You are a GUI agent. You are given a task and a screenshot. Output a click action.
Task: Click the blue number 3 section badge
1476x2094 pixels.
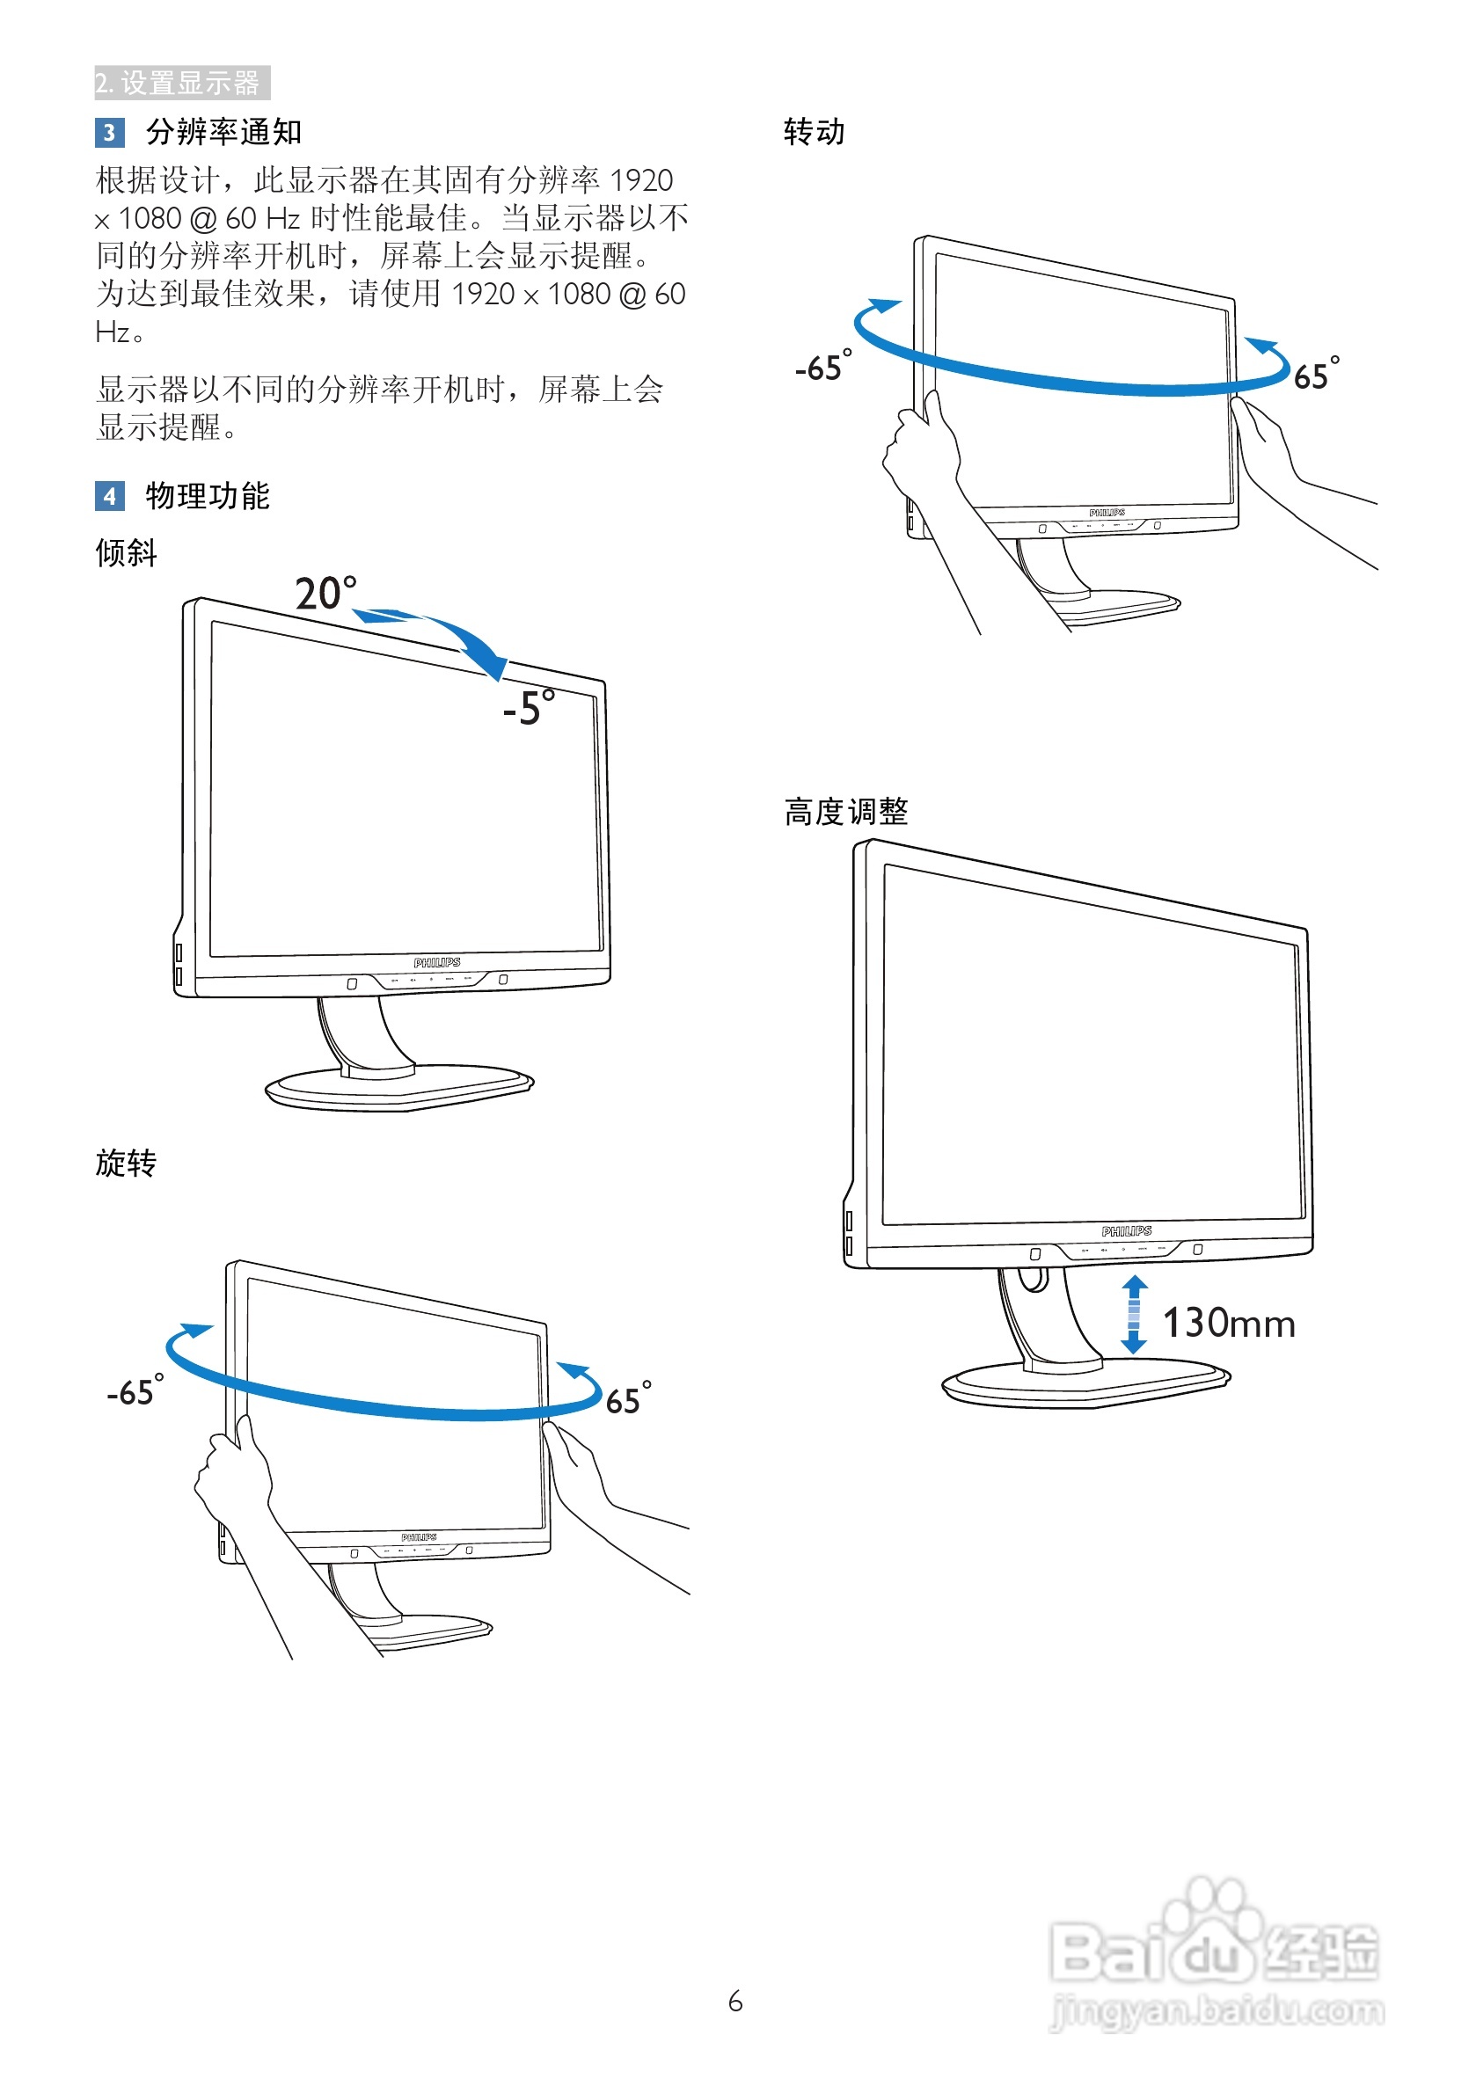click(x=108, y=132)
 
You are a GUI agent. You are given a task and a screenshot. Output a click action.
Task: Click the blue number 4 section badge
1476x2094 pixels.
click(x=109, y=496)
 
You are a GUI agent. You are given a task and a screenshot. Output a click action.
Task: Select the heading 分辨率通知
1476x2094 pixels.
click(x=223, y=132)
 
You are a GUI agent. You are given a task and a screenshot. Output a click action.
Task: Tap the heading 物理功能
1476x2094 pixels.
click(x=207, y=496)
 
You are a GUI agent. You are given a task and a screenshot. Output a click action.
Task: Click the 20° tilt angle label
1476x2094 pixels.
click(x=325, y=594)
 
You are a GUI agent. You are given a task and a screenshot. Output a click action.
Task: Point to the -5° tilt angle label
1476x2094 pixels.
click(x=528, y=708)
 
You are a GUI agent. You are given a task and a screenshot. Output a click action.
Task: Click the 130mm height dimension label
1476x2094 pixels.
click(x=1228, y=1324)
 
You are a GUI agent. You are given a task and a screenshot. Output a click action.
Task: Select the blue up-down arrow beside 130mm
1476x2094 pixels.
click(x=1133, y=1314)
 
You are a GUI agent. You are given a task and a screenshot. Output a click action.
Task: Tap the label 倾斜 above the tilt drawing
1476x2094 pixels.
click(x=126, y=552)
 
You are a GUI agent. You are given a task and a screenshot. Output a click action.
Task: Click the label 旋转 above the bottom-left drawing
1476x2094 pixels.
click(x=126, y=1163)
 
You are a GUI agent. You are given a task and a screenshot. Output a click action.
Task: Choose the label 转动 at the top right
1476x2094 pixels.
click(x=814, y=132)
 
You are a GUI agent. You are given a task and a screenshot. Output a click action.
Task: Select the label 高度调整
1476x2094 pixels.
click(x=845, y=812)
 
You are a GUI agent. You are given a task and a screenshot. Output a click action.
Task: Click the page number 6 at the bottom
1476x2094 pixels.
click(x=735, y=2002)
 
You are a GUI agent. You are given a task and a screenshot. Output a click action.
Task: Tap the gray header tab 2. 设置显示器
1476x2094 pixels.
click(x=181, y=83)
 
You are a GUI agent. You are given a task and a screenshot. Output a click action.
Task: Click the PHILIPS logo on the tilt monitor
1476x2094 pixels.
click(x=437, y=963)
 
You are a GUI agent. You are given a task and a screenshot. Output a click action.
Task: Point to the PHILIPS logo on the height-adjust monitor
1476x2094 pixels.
click(x=1126, y=1231)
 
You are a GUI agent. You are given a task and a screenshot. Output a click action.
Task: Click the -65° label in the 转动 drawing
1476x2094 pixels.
click(x=822, y=367)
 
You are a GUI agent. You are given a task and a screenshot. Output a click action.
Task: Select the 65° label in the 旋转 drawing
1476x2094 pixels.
click(x=628, y=1398)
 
